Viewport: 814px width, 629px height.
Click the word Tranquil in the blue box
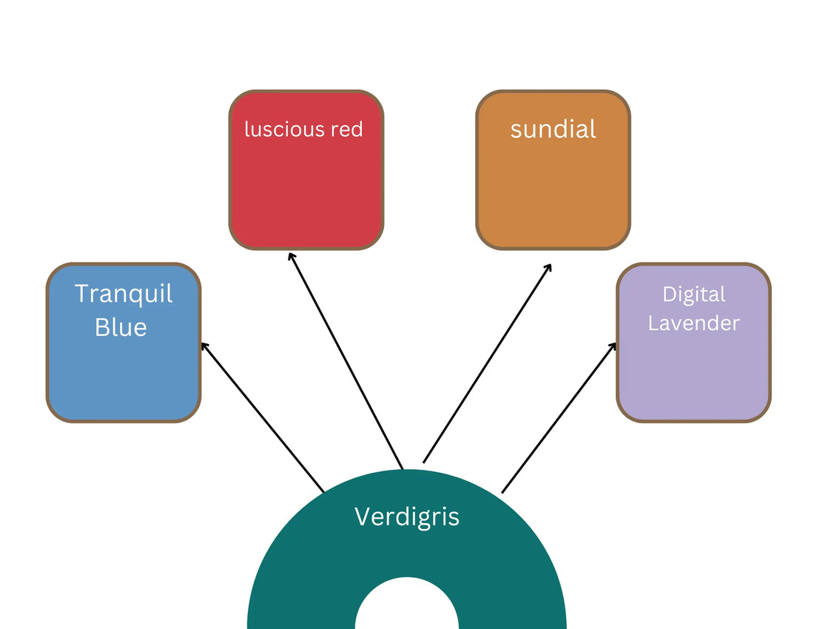coord(124,294)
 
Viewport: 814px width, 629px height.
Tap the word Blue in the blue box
coord(121,327)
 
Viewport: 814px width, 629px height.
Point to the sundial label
coord(553,129)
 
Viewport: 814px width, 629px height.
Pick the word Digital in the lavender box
coord(693,294)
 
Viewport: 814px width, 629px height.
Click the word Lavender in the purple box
coord(693,323)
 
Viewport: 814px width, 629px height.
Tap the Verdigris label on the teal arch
coord(406,516)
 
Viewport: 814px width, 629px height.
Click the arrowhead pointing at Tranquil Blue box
coord(204,345)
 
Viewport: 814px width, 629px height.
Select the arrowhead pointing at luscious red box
coord(292,256)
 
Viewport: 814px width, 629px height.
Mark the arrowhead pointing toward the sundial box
coord(548,267)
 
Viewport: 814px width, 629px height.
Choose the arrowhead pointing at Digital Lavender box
coord(613,346)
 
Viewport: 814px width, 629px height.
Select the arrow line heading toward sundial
coord(486,364)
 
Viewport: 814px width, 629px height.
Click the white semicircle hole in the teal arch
coord(406,607)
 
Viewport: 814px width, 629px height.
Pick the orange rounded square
coord(553,185)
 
